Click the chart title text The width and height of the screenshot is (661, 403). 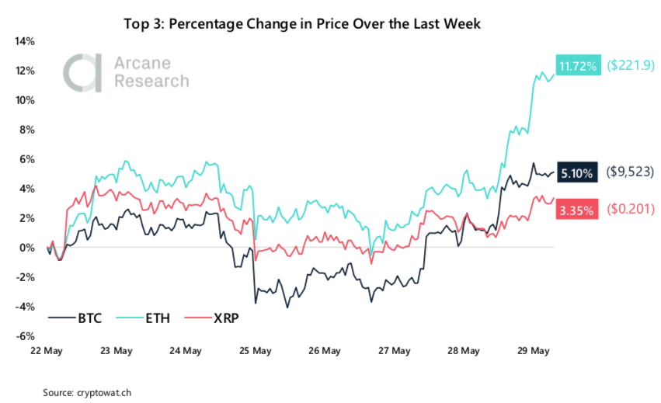coord(302,24)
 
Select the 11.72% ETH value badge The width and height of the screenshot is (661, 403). coord(576,66)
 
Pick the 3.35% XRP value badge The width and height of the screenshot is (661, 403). coord(576,210)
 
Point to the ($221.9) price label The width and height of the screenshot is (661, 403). coord(629,66)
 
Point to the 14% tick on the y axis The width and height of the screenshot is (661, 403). coord(23,41)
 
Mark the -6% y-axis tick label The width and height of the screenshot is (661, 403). coord(24,336)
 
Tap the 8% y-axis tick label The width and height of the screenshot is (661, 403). coord(26,130)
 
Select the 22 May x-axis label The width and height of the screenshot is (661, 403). coord(47,351)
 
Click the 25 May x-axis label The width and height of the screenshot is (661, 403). coord(256,351)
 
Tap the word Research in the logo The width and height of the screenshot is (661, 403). coord(151,82)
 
